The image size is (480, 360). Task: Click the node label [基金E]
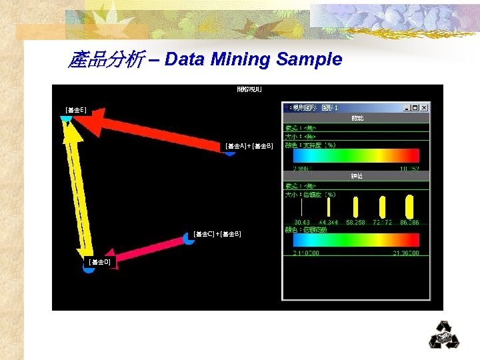click(75, 109)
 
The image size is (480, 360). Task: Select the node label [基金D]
click(99, 263)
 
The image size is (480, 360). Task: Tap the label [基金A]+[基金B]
click(249, 145)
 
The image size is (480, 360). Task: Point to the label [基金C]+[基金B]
click(217, 234)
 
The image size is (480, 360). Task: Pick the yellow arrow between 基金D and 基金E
click(78, 187)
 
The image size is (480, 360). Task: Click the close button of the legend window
click(424, 107)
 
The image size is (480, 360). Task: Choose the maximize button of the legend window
click(415, 107)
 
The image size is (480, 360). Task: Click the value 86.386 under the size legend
click(409, 222)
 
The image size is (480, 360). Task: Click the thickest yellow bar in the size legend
click(409, 206)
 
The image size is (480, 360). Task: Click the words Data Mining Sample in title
click(253, 60)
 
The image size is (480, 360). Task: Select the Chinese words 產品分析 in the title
click(105, 61)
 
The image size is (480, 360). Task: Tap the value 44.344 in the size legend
click(329, 222)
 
